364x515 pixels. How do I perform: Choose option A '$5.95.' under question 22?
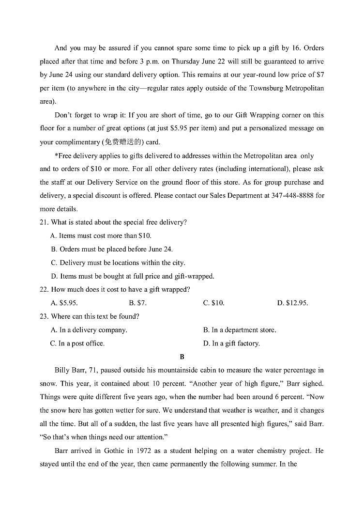(x=64, y=303)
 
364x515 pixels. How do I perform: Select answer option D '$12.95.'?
(x=292, y=303)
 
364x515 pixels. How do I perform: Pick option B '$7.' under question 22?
(x=138, y=303)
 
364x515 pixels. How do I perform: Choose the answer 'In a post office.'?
(x=77, y=343)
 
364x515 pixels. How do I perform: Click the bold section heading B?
(x=182, y=357)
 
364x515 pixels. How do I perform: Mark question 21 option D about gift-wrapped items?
(x=132, y=276)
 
